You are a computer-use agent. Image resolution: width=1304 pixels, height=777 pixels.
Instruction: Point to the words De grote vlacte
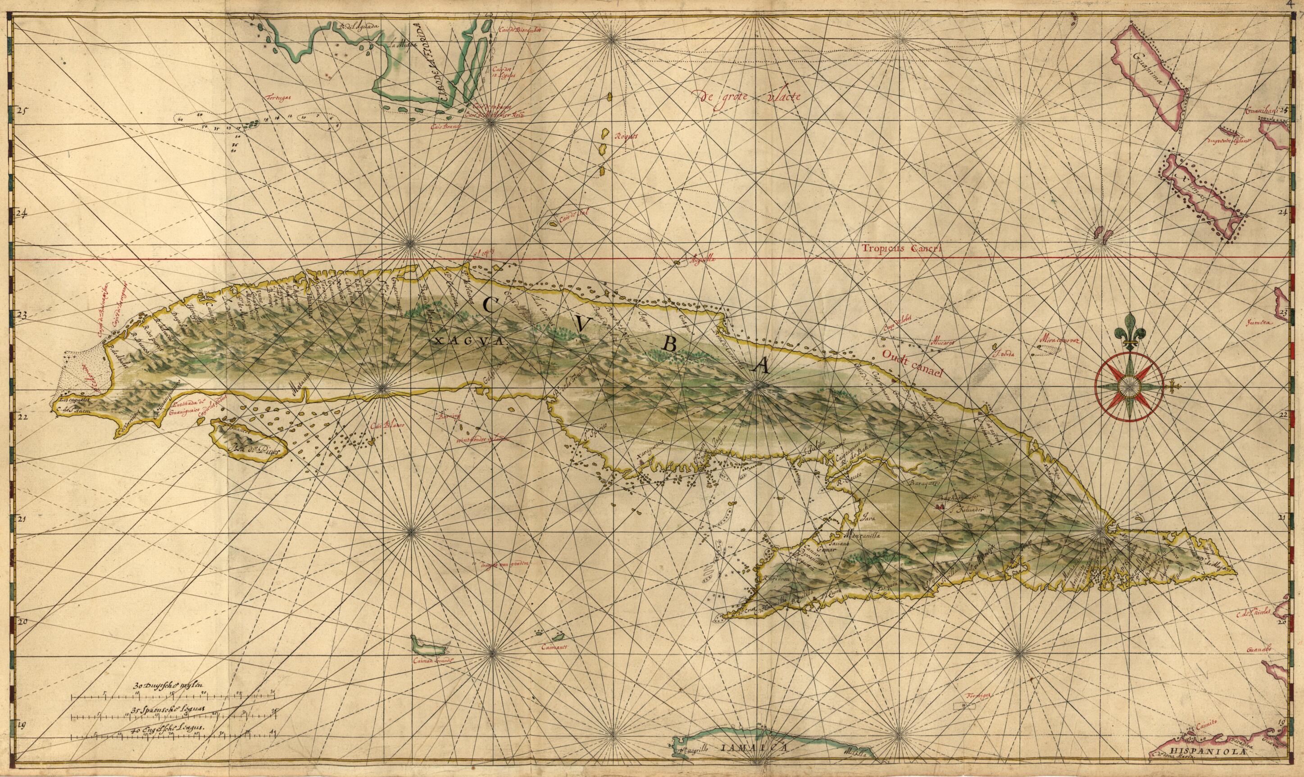[746, 96]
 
